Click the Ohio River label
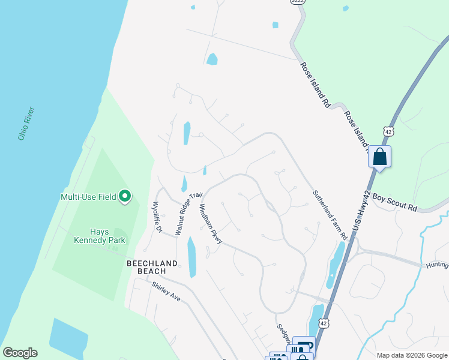26,124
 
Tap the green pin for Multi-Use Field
125,196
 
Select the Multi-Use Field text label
89,196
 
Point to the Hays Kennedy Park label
99,236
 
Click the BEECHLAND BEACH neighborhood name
152,267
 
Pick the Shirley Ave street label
166,291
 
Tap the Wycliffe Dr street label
157,217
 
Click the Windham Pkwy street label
211,223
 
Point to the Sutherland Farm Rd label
330,215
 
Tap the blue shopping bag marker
379,157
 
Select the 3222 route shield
297,2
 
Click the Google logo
20,352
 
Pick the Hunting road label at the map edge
437,265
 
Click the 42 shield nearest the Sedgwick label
324,323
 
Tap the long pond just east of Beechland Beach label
192,257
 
